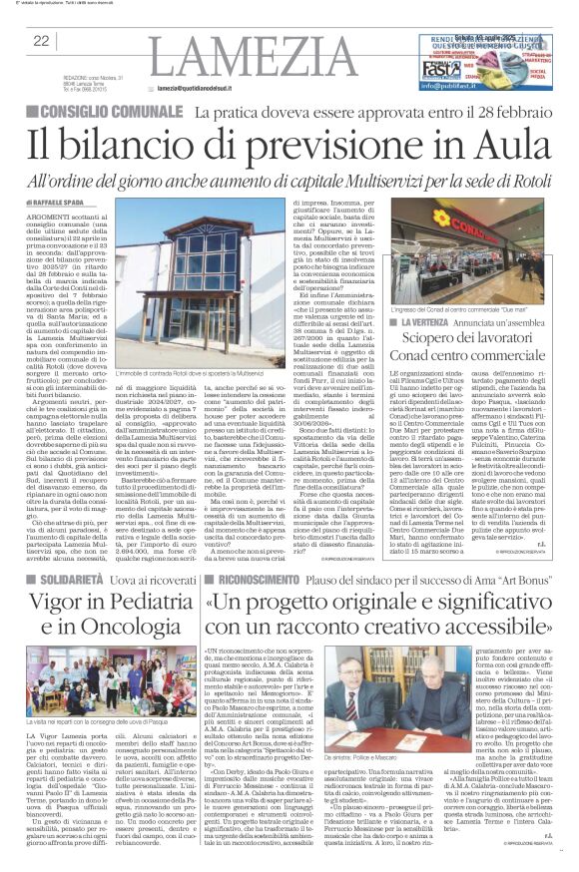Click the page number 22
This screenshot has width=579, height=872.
click(x=41, y=41)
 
